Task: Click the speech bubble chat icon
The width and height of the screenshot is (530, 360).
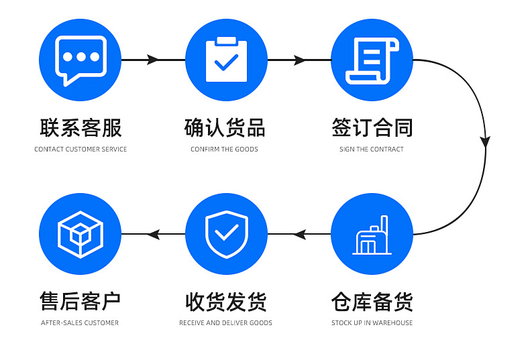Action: tap(81, 60)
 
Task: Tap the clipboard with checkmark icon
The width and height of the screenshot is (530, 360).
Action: tap(226, 60)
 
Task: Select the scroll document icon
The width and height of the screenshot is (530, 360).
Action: tap(372, 60)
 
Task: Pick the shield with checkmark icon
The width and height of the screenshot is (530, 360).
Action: tap(227, 234)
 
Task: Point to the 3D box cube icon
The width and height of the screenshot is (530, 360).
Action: tap(81, 235)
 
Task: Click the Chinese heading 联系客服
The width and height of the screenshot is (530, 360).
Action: tap(81, 128)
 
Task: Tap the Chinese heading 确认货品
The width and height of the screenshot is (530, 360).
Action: tap(225, 128)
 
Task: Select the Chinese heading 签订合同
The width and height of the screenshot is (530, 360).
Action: tap(372, 128)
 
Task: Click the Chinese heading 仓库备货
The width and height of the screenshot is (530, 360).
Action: tap(372, 302)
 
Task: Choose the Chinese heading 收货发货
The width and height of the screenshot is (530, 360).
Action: tap(226, 302)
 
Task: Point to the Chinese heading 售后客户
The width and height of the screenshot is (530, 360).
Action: tap(80, 302)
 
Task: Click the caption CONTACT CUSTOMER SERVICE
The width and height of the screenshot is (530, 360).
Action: tap(81, 149)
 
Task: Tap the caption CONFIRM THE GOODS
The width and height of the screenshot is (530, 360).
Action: tap(224, 149)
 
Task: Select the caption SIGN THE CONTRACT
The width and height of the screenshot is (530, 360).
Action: tap(372, 149)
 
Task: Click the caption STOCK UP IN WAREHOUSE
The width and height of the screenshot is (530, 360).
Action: tap(372, 323)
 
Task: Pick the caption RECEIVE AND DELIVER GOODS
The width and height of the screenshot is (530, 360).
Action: tap(225, 323)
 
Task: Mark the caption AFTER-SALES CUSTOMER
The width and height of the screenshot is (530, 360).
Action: tap(80, 323)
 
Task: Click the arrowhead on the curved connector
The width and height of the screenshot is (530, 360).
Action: tap(485, 141)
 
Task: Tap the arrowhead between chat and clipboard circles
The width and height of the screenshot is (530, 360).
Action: tap(152, 60)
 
